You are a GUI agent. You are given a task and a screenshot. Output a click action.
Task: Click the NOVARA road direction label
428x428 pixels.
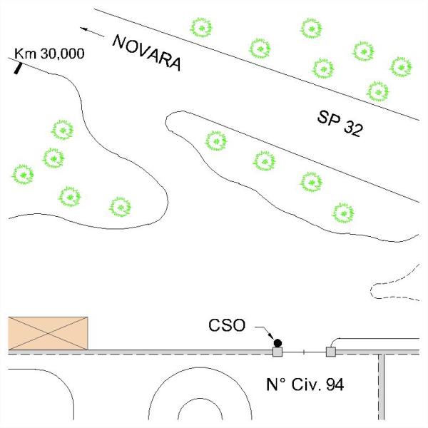147,53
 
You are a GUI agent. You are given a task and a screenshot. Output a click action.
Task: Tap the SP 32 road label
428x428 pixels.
340,123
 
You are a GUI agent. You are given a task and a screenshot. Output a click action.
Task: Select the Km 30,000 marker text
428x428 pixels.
49,53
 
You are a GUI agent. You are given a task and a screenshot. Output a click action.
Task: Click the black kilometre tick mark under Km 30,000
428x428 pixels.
18,68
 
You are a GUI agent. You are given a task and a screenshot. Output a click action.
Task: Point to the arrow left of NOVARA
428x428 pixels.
92,32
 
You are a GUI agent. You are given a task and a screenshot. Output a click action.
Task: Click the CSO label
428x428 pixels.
227,325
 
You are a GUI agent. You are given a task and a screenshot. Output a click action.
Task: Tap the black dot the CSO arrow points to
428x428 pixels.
278,342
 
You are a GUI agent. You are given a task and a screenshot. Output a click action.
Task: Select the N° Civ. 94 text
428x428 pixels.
305,384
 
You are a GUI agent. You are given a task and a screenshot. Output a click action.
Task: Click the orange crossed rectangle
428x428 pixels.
48,333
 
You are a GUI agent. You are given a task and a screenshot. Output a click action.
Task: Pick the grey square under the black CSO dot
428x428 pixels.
277,352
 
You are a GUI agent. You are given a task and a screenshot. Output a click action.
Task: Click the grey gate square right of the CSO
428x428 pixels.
331,352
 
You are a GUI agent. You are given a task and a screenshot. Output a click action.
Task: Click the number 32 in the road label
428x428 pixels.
353,128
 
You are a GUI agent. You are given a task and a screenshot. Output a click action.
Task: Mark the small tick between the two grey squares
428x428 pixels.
304,352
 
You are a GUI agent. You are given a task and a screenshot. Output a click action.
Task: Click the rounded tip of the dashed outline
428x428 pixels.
371,291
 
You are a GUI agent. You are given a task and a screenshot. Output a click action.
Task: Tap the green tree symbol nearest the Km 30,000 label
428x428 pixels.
63,130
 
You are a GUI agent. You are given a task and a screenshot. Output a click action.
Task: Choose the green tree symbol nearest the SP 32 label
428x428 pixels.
378,92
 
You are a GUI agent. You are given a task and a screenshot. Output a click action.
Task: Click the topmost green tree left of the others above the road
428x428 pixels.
201,28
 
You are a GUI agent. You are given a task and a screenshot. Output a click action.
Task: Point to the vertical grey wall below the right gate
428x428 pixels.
382,387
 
